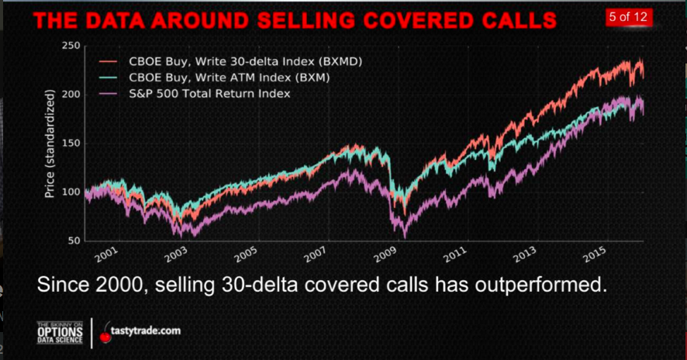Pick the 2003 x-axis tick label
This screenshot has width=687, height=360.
click(176, 254)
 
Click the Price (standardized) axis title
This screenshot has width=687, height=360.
click(50, 144)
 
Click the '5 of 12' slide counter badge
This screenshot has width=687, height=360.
click(629, 16)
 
